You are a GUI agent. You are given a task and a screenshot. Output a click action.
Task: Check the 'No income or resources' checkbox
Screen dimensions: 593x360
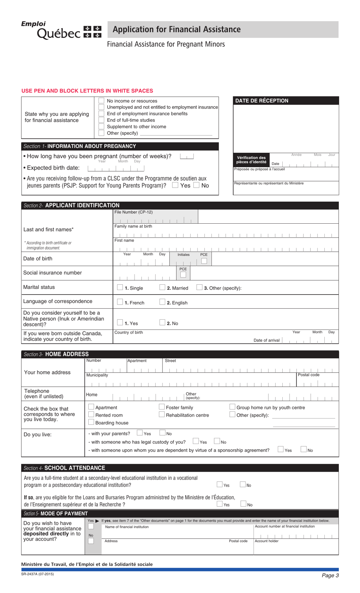[101, 101]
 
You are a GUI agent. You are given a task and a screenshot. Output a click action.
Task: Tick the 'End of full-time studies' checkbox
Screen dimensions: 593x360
[101, 120]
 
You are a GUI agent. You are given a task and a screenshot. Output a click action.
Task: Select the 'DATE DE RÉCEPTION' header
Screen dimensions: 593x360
[262, 101]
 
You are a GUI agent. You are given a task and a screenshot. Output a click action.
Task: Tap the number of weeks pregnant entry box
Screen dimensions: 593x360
[187, 156]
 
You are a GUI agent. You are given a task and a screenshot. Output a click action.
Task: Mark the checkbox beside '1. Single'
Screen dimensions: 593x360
[120, 288]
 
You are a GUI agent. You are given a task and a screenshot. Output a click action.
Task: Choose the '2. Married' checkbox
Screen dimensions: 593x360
[162, 288]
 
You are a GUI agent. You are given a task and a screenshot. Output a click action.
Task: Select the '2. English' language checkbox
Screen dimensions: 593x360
[162, 302]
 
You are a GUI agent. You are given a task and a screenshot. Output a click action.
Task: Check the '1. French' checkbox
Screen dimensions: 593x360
[120, 302]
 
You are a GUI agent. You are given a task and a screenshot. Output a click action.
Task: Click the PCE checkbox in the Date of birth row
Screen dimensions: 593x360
[204, 261]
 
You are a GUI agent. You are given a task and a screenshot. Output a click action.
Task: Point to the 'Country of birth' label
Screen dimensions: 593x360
[129, 333]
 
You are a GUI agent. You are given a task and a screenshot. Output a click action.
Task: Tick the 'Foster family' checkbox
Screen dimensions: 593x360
[161, 407]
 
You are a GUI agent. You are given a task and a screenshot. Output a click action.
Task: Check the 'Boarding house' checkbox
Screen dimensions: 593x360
[91, 422]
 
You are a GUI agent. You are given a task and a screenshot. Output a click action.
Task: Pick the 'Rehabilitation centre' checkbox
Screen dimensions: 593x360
[161, 415]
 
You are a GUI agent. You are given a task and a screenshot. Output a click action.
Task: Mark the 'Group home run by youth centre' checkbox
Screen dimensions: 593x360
[232, 407]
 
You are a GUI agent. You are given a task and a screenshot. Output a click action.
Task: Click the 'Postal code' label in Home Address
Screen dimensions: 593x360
[308, 375]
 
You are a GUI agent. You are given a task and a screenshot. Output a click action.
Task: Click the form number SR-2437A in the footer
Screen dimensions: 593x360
[38, 574]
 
